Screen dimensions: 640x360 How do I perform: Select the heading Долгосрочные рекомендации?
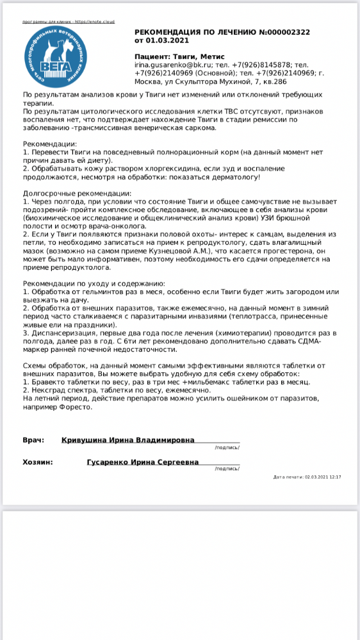click(x=77, y=193)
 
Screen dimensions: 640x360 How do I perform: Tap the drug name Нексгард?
click(x=49, y=390)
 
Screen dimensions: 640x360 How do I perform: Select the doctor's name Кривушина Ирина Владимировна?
click(x=128, y=441)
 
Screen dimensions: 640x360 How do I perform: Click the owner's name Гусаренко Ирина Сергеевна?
click(x=142, y=462)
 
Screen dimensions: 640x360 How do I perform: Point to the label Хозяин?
click(x=38, y=462)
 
